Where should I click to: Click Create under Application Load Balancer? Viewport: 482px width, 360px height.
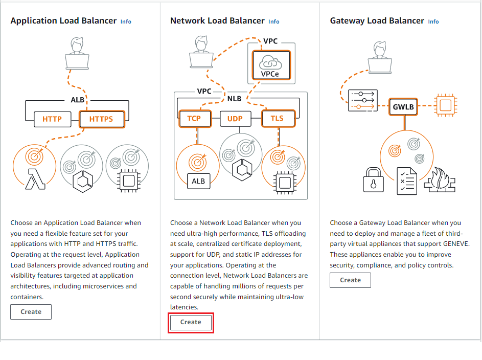tap(31, 312)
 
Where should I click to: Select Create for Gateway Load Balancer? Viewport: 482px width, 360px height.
tap(350, 280)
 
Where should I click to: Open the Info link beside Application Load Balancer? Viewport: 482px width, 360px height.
tap(126, 21)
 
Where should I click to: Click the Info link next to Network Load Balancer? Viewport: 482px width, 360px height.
tap(274, 21)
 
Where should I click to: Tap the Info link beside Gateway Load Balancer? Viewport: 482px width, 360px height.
tap(433, 21)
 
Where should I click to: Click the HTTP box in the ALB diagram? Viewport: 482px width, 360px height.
tap(52, 119)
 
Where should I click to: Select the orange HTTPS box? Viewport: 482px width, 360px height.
tap(101, 119)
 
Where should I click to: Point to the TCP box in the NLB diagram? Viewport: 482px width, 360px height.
tap(194, 119)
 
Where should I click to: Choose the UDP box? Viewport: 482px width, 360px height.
tap(235, 119)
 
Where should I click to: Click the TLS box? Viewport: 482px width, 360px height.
tap(277, 119)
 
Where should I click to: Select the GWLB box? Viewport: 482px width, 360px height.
tap(403, 107)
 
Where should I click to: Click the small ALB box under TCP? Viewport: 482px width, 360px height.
tap(198, 181)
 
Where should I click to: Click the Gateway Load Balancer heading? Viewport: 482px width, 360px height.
tap(377, 21)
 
